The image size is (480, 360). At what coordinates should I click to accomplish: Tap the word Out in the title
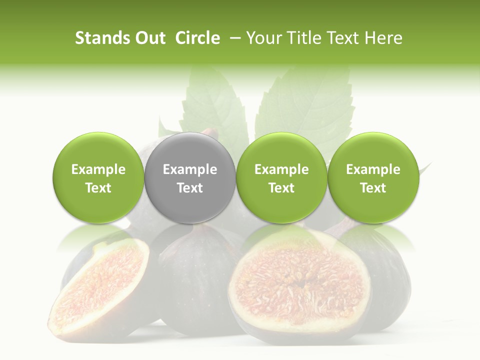point(149,38)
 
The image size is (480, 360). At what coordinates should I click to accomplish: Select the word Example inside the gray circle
point(190,169)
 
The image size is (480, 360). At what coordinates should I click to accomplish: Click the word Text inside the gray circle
point(190,188)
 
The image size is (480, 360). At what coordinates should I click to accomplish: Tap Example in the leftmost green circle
point(98,169)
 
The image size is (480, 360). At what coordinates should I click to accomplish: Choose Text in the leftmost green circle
point(98,188)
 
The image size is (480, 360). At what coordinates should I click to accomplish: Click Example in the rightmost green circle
point(373,169)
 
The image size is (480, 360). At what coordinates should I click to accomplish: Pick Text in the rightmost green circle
point(373,188)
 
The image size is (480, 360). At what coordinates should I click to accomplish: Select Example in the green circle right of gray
point(281,169)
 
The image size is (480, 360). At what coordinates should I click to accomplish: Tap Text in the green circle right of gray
point(281,188)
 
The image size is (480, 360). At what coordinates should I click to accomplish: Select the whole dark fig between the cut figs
point(195,280)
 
